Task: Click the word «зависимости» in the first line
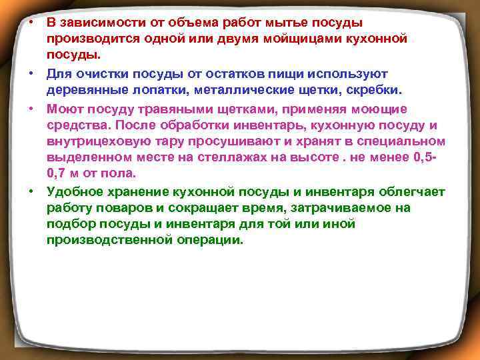[98, 22]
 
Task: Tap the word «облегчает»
[406, 192]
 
